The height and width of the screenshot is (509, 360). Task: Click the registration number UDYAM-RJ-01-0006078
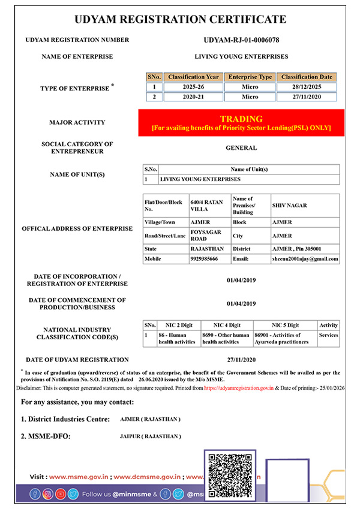242,40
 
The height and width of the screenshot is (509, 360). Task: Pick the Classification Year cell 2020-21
193,97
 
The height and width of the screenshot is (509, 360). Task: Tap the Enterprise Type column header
250,77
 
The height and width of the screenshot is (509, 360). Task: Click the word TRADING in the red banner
241,119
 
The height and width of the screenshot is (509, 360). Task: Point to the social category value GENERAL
241,147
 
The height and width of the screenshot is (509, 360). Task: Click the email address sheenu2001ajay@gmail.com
305,259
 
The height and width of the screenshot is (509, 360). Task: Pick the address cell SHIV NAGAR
289,206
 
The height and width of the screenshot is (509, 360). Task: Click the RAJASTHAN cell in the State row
207,248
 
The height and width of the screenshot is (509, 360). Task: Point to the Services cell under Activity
329,335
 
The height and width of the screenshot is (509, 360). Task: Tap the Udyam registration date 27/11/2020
242,360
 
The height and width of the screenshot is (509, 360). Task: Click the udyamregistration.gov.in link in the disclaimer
239,388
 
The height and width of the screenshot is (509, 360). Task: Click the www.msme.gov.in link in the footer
79,477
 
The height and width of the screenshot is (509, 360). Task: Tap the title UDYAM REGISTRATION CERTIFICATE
180,19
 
